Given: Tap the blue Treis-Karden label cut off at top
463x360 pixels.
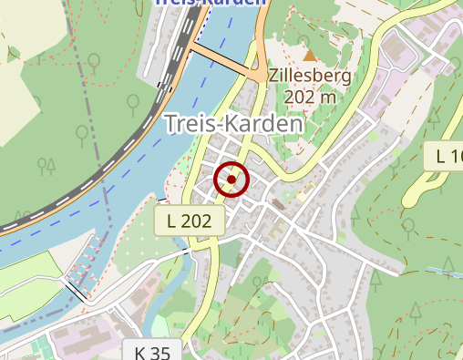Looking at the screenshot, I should tap(211, 3).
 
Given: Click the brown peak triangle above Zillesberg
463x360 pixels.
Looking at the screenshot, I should tap(309, 57).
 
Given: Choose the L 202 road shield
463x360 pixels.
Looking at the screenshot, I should tap(189, 221).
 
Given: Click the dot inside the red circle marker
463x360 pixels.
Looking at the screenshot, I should tap(231, 180).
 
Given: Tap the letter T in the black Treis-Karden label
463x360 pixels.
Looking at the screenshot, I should tap(170, 122).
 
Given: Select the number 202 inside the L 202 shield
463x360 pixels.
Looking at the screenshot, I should tap(198, 221).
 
